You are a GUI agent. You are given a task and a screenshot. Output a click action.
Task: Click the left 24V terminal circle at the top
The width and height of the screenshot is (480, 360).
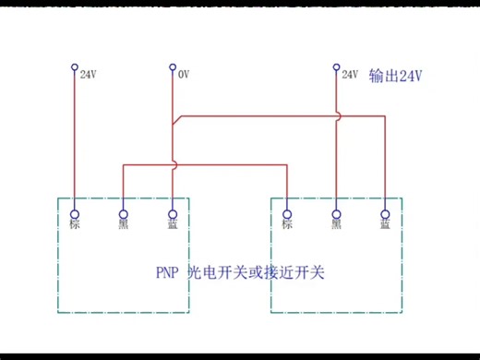click(75, 66)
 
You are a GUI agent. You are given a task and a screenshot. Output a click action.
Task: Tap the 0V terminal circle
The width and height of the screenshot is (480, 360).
click(172, 66)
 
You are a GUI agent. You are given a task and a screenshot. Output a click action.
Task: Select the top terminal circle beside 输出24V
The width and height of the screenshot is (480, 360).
click(336, 66)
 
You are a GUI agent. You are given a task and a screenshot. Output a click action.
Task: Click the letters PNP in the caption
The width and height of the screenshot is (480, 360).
click(167, 274)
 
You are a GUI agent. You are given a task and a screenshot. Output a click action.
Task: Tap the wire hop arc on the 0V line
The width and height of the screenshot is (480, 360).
click(174, 164)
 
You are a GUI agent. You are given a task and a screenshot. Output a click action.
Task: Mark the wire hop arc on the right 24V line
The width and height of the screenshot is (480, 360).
click(338, 115)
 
